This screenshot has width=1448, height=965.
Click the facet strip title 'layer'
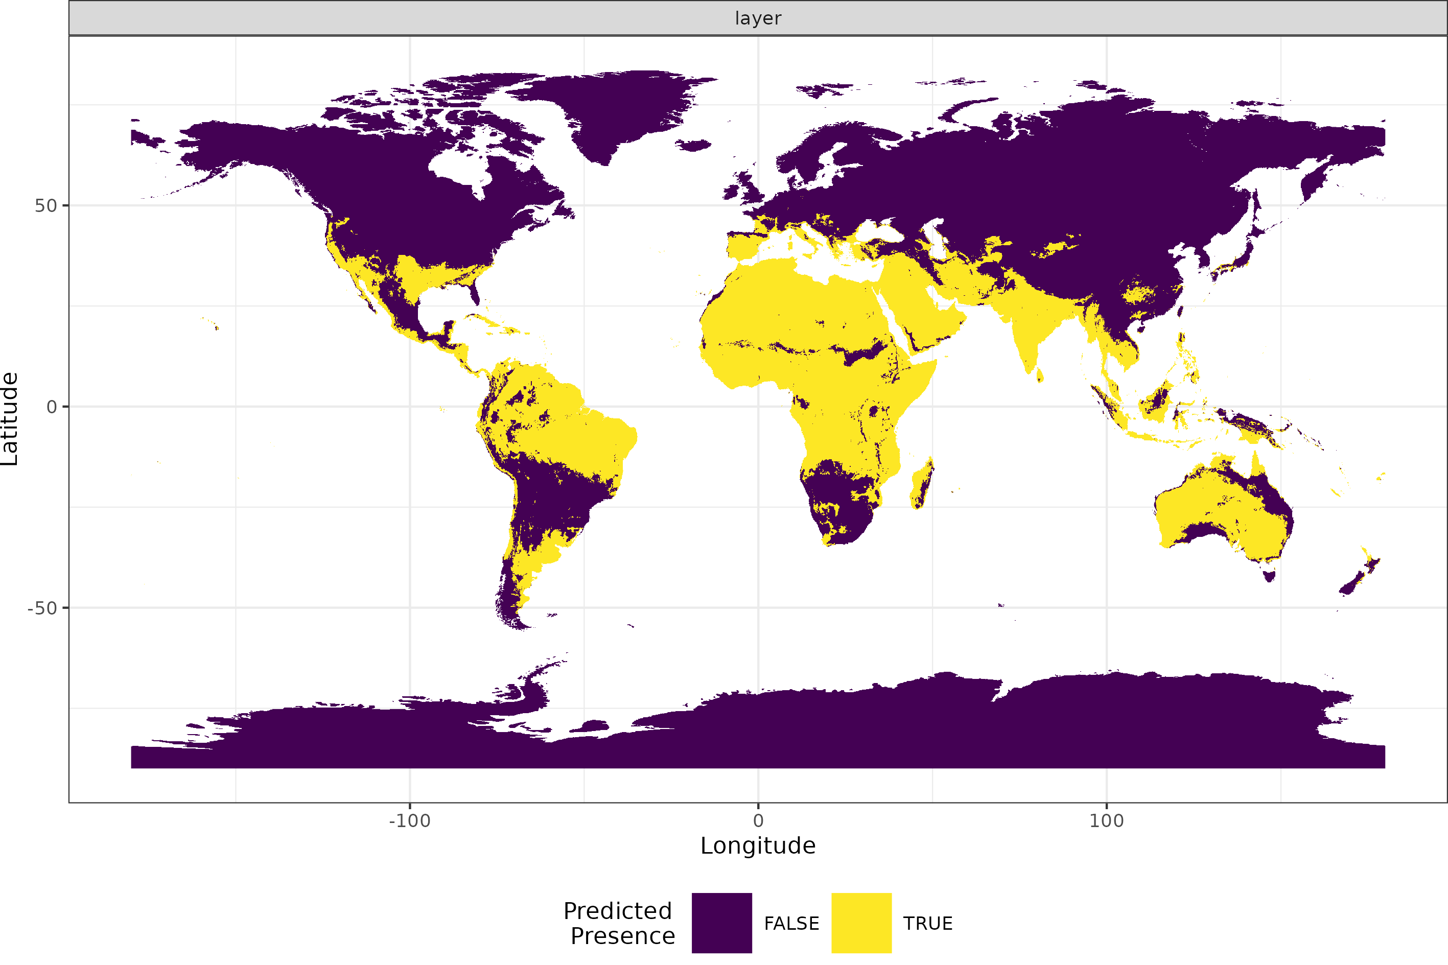coord(758,18)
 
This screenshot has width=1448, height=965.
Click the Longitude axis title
coord(758,845)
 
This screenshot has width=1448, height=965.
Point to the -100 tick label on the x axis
coord(409,821)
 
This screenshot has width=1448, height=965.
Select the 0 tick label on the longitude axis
coord(758,821)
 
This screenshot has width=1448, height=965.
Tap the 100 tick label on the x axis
coord(1106,821)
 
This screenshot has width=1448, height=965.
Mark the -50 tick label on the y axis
coord(42,608)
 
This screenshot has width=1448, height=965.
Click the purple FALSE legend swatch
coord(721,923)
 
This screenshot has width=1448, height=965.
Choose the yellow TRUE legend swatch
coord(861,923)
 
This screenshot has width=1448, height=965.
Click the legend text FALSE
coord(791,924)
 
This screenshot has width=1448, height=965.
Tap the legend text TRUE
coord(927,924)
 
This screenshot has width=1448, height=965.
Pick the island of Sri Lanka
coord(1039,375)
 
